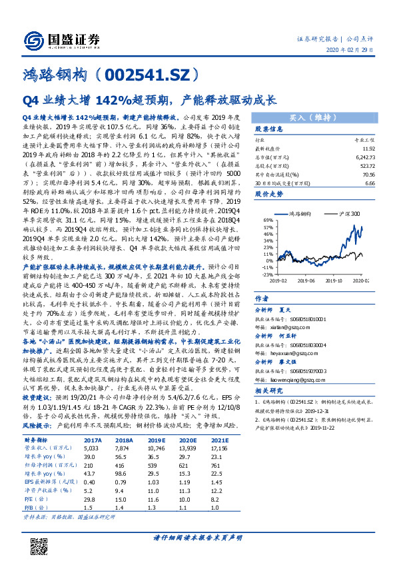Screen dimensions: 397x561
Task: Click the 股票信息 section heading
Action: [269, 129]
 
